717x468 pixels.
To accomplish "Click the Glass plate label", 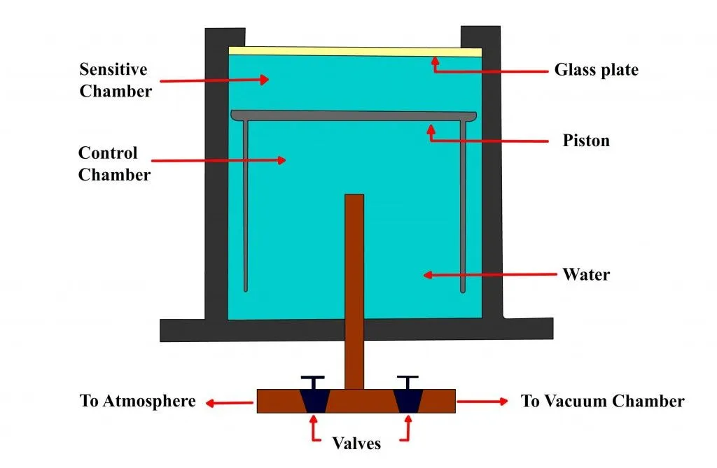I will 596,70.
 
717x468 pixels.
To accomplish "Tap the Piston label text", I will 586,141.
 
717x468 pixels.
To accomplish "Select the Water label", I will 586,274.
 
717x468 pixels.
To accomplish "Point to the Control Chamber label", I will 114,164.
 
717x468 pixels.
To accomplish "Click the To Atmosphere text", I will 137,401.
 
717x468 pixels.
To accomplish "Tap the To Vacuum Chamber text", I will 602,401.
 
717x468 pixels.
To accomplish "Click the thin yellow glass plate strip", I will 355,51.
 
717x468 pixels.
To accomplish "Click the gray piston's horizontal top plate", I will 354,115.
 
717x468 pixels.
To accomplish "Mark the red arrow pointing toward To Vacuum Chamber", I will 482,401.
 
